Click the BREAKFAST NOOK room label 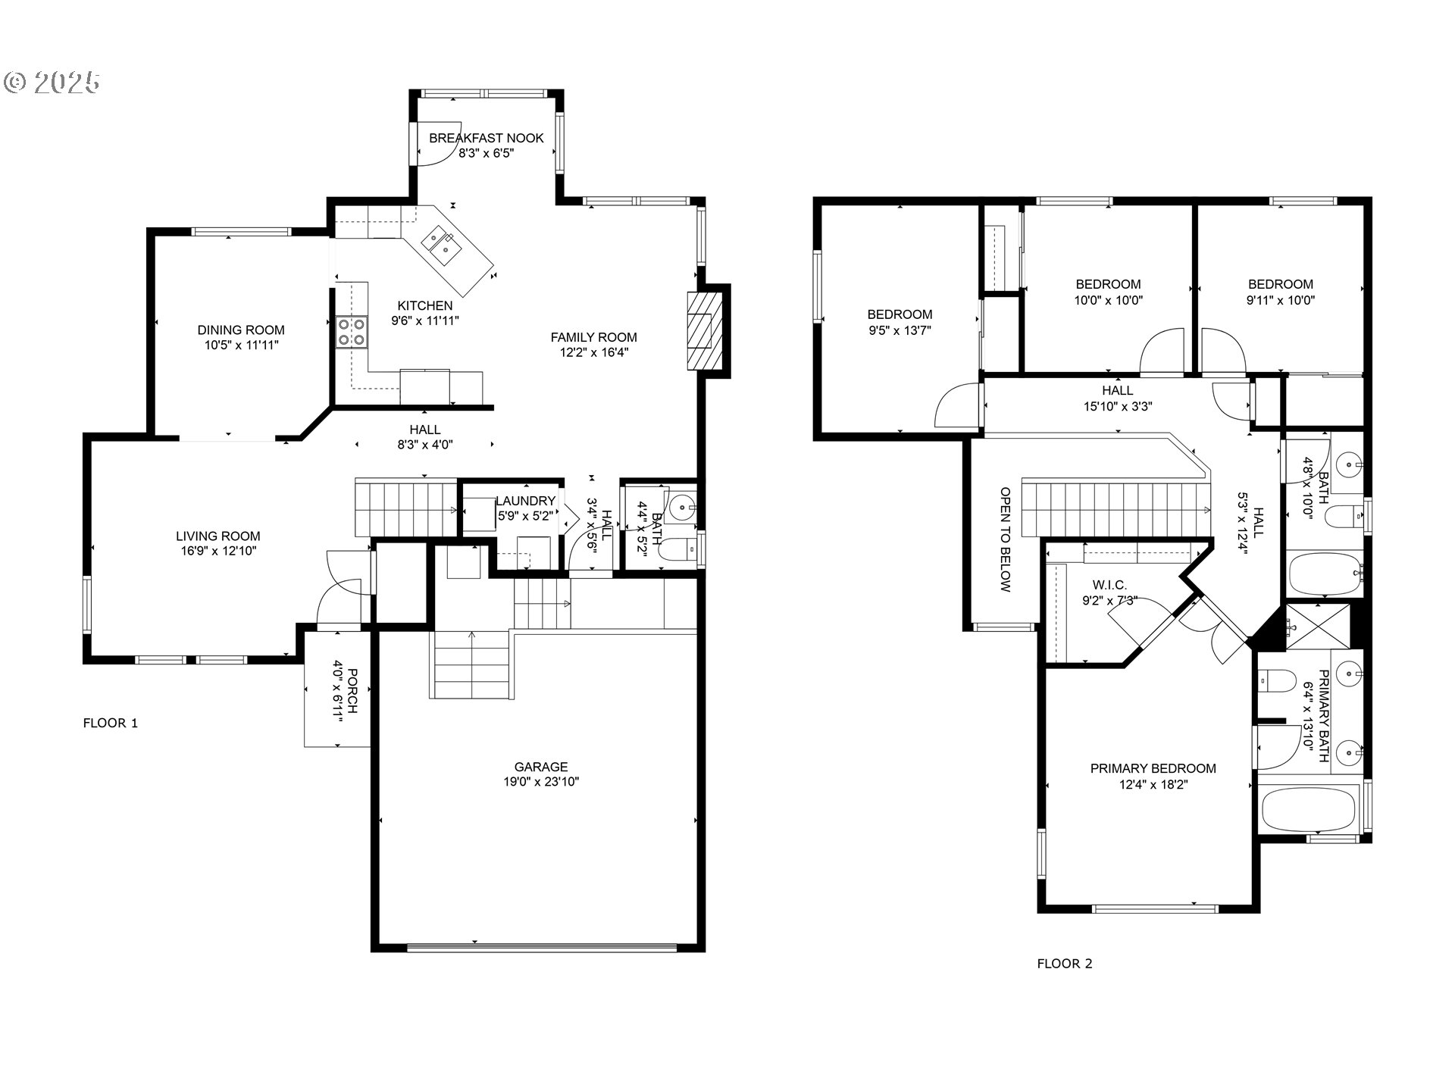pos(486,138)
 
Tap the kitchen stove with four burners pos(352,331)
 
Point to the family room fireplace pos(700,330)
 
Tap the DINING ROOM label pos(241,330)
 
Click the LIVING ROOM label pos(217,536)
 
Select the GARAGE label pos(540,767)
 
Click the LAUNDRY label pos(525,501)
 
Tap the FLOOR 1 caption pos(111,723)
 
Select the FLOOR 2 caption pos(1065,964)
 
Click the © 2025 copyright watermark pos(52,82)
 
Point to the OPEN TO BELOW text pos(1006,539)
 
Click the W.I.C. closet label pos(1109,585)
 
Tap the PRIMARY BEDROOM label pos(1153,768)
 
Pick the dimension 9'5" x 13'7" pos(900,330)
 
